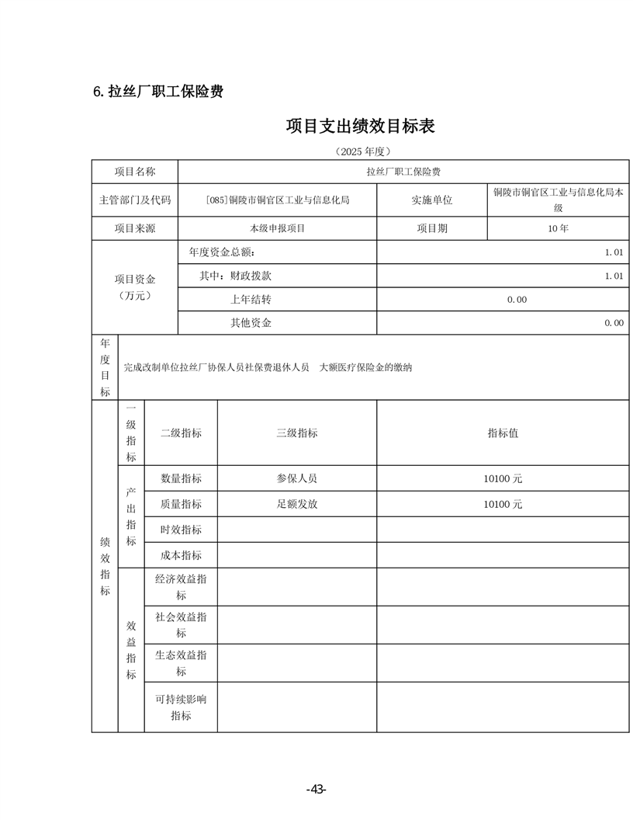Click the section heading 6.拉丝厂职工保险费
point(158,92)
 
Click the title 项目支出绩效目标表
point(360,126)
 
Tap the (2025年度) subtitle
point(361,151)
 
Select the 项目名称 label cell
point(135,172)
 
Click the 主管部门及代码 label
point(135,200)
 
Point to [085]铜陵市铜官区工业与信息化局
point(278,200)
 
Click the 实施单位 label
point(431,200)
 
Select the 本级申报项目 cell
point(278,228)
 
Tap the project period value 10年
point(558,228)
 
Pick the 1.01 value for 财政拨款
point(614,276)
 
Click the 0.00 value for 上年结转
point(517,299)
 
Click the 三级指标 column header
point(296,433)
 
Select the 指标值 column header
point(503,433)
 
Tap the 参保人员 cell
point(296,478)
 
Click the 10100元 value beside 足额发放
point(503,504)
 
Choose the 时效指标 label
point(181,530)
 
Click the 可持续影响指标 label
point(181,707)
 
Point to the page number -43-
point(316,790)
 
